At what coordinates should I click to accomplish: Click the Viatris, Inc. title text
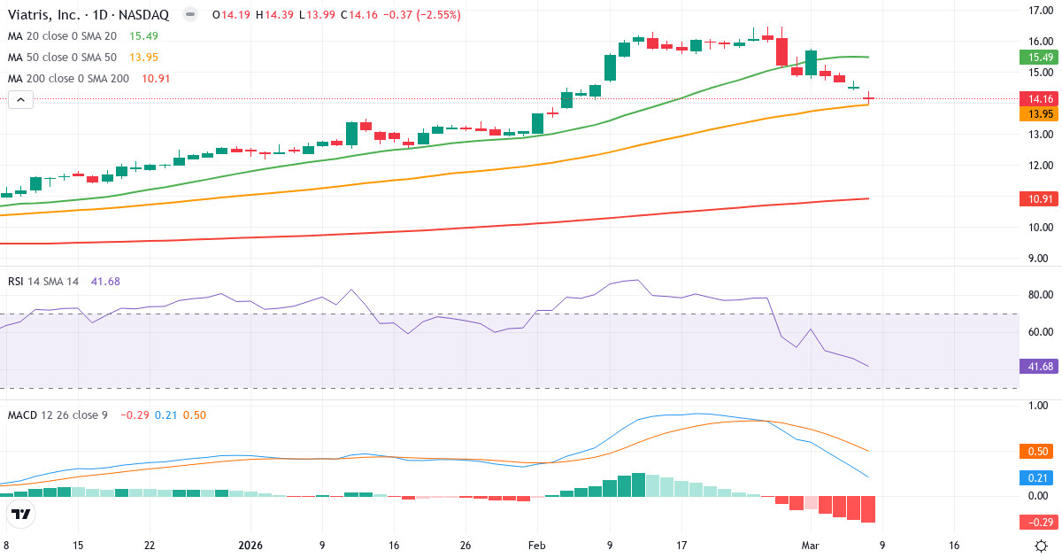52,15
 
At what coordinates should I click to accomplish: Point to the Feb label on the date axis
537,546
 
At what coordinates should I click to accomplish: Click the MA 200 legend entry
69,78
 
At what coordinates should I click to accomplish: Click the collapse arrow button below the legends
21,100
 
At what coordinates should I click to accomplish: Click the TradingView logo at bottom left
21,515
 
